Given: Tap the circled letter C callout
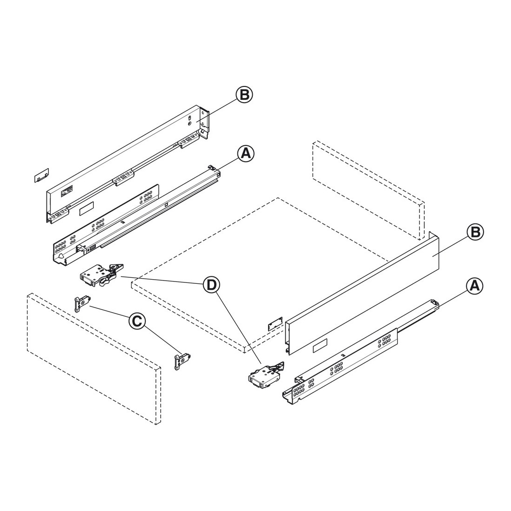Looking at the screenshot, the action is click(x=137, y=321).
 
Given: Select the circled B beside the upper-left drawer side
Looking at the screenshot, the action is click(x=244, y=95).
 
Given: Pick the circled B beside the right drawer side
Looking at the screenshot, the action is click(x=476, y=232).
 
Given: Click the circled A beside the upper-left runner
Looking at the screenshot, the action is click(x=245, y=153).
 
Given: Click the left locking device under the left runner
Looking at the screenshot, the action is click(x=101, y=275).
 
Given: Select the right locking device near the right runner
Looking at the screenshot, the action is click(x=266, y=375).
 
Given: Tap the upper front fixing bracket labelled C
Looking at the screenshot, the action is click(x=82, y=303).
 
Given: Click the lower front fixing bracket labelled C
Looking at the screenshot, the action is click(x=183, y=362).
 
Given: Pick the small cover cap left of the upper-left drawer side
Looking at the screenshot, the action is click(x=42, y=175).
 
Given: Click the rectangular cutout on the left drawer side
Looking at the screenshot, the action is click(x=87, y=209).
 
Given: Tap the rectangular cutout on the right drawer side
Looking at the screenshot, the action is click(x=321, y=346).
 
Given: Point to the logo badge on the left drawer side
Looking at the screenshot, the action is click(x=66, y=193).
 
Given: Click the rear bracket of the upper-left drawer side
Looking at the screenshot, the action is click(x=204, y=124).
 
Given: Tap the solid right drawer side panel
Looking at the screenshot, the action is click(x=362, y=293).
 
